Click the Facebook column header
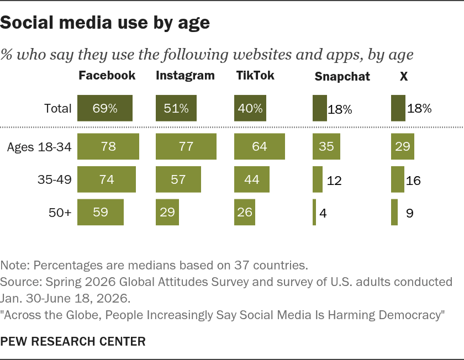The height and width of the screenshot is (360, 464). (107, 76)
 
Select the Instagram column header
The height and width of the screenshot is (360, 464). (185, 76)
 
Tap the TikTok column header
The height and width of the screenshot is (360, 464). (255, 76)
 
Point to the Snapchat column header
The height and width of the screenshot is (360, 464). (342, 77)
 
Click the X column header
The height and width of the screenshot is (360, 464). (404, 77)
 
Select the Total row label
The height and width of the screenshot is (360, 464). (57, 108)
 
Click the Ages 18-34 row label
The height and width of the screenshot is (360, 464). (39, 147)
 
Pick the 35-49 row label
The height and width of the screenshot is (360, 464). (55, 179)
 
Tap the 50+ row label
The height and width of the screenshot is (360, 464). (60, 213)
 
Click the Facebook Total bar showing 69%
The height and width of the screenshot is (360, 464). (105, 108)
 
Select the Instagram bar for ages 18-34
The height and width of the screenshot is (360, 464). (186, 146)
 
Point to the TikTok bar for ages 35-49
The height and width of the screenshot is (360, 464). (252, 179)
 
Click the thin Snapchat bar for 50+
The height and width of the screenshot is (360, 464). (314, 212)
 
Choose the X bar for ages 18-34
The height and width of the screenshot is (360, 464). (403, 146)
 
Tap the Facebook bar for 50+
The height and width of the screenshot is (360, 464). (101, 212)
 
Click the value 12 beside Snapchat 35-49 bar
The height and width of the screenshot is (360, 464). (334, 181)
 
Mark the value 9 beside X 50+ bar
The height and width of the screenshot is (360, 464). (409, 213)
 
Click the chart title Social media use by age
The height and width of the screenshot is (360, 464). (105, 23)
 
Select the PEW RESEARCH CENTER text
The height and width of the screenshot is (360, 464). (73, 341)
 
